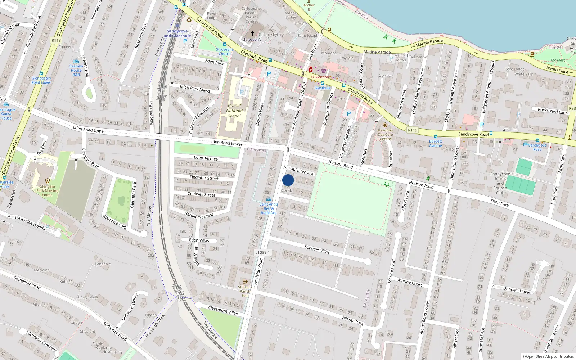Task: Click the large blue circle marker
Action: point(288,180)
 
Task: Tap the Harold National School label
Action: point(234,111)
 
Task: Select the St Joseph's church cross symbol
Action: point(252,33)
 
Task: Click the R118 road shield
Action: point(56,40)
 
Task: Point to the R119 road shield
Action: point(413,130)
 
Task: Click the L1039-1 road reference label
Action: point(262,252)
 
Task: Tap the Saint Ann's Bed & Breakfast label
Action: point(269,208)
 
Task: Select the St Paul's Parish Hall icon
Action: point(245,282)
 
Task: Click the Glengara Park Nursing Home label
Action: point(47,191)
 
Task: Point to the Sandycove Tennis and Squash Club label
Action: point(500,183)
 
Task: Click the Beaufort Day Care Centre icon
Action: point(385,125)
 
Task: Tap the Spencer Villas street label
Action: point(317,249)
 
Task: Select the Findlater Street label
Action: point(204,178)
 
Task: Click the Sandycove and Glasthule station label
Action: point(177,33)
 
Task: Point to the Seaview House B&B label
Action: point(76,70)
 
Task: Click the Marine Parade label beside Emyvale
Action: point(377,52)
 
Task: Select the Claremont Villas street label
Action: point(223,310)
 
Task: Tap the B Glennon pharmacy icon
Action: point(311,69)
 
